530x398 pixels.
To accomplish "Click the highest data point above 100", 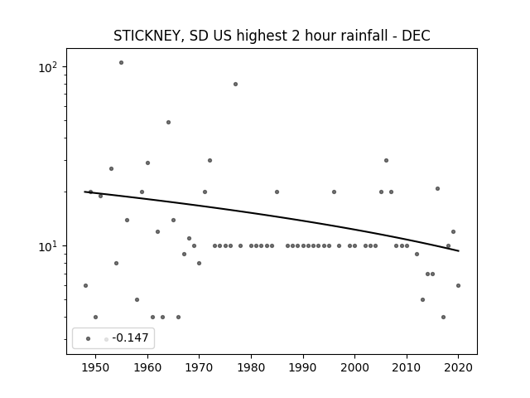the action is point(122,63).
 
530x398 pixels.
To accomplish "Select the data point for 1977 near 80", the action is point(235,85).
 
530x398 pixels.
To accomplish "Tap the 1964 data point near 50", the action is point(168,123).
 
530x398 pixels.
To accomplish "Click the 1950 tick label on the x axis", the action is point(96,367).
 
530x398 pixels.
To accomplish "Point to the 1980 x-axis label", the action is point(251,367).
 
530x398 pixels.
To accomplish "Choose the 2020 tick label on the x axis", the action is point(458,367).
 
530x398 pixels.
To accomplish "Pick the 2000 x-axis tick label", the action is point(354,367).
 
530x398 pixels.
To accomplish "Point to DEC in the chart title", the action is point(416,36).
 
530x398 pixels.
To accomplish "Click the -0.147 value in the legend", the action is point(130,337).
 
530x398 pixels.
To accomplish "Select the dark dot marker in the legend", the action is point(89,339).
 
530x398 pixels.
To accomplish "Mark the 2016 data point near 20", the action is point(438,189).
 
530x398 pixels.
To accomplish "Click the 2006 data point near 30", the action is point(387,160).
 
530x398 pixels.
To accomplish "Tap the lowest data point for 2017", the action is point(444,317).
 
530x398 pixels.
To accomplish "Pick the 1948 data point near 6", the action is point(85,285).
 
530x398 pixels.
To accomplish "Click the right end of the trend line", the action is point(459,250).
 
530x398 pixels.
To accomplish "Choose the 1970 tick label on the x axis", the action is point(199,367).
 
